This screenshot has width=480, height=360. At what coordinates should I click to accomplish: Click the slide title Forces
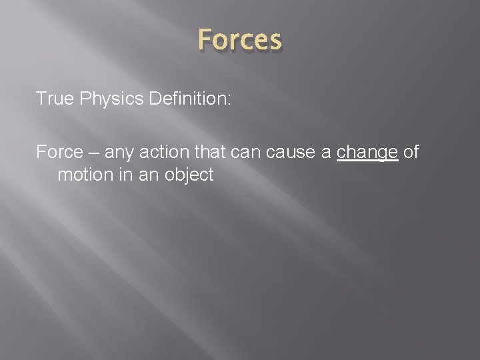tap(239, 40)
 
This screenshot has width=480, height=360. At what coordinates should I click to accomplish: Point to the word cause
tap(289, 153)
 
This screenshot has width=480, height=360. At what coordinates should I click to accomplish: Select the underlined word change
tap(367, 153)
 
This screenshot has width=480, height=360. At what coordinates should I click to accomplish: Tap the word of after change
tap(411, 152)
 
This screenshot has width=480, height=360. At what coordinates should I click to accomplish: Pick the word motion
tap(83, 175)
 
